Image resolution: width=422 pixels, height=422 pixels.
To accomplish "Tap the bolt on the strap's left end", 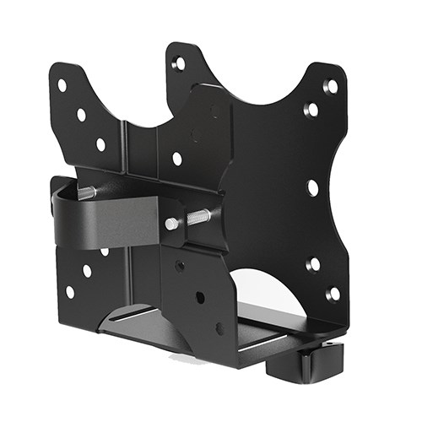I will (86, 193).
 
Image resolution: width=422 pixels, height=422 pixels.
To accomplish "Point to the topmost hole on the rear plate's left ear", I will (179, 63).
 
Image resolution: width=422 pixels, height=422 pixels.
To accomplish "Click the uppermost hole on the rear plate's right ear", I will (331, 86).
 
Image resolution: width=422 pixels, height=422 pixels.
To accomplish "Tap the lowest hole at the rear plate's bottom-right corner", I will (333, 295).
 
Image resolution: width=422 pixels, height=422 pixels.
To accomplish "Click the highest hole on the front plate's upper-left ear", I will (62, 85).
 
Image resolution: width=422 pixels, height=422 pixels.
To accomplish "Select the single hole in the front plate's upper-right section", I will (176, 158).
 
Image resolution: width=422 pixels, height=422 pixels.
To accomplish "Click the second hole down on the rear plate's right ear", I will (311, 110).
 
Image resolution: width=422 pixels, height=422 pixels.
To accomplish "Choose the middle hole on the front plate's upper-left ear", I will (81, 114).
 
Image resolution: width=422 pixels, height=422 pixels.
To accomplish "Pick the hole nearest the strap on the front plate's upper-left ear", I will (100, 144).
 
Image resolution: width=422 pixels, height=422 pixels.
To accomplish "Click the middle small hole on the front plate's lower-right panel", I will (200, 297).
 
